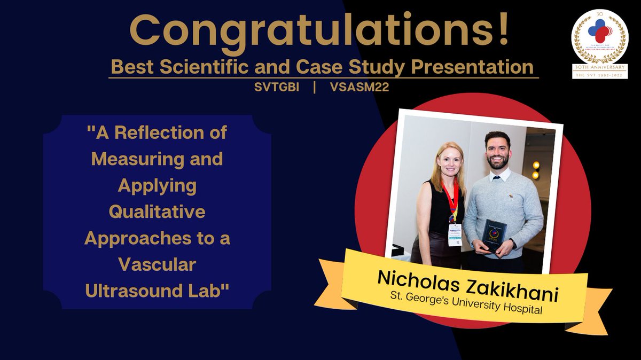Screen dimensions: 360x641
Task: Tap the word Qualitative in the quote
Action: coord(157,213)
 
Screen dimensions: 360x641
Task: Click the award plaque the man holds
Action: coord(493,234)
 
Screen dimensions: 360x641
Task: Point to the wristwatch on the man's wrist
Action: coord(513,244)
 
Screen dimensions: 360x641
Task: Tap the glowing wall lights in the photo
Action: coord(535,169)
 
